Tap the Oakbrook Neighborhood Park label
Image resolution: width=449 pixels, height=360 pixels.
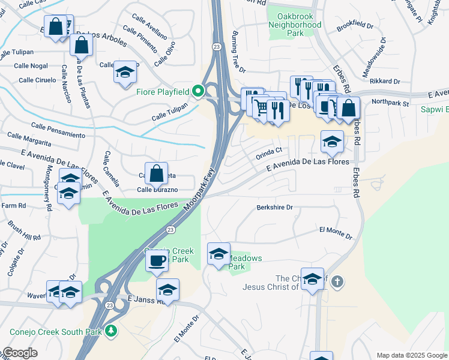point(295,20)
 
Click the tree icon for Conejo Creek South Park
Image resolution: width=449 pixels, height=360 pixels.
point(110,331)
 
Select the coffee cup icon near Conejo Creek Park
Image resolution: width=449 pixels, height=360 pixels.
point(157,260)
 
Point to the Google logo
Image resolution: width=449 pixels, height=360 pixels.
point(20,353)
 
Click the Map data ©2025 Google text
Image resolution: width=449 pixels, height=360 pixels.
point(411,355)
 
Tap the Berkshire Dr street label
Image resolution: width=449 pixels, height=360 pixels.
point(274,208)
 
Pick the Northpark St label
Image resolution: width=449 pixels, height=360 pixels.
point(390,103)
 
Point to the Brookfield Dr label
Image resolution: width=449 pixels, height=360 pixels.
point(355,27)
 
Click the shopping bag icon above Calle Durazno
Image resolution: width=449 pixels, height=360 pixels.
point(156,173)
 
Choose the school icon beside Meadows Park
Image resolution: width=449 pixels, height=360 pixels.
point(218,253)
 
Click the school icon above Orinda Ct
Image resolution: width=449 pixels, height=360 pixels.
point(332,142)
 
